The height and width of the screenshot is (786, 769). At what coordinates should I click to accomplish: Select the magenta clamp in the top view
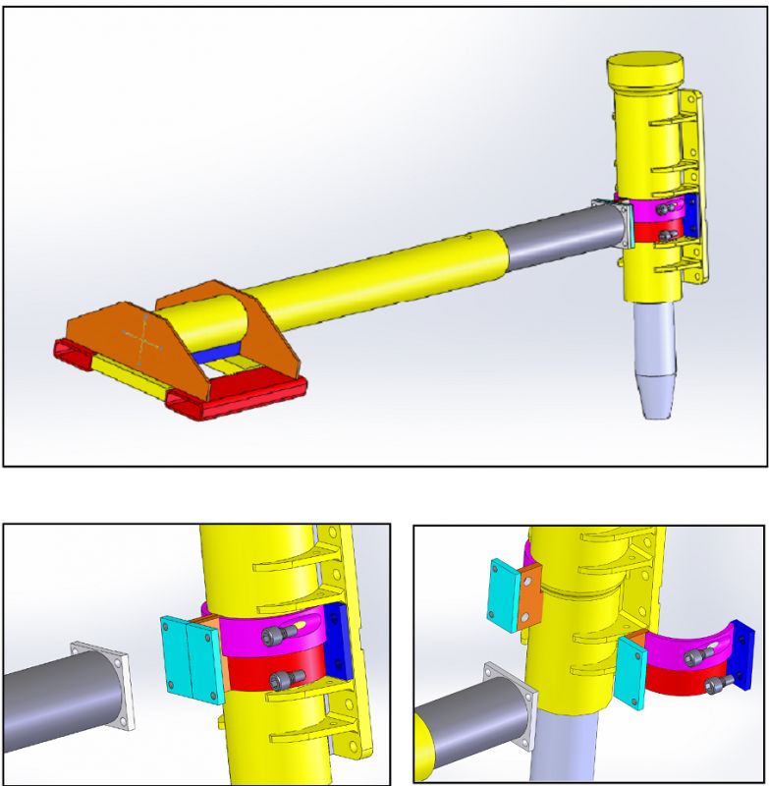pyautogui.click(x=648, y=209)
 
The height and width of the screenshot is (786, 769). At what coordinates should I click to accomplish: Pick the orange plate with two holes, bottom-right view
pyautogui.click(x=530, y=595)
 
